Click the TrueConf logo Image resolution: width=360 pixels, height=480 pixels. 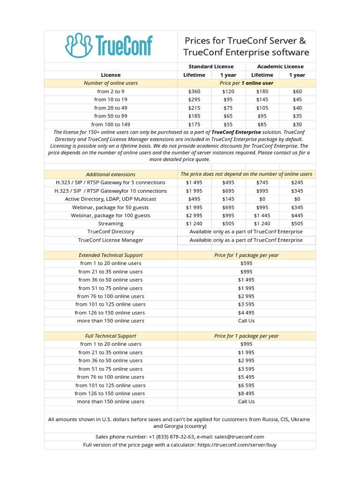click(x=108, y=45)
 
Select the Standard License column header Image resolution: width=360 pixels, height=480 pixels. click(x=211, y=67)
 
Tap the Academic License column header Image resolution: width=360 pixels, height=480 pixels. click(x=281, y=67)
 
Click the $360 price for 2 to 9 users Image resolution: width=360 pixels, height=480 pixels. click(x=194, y=91)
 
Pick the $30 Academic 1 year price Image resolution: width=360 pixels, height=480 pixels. click(x=297, y=124)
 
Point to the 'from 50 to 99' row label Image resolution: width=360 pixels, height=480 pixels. click(x=111, y=116)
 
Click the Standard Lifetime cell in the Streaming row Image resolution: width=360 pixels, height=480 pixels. click(x=194, y=224)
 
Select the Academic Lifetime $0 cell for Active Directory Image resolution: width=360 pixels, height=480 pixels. click(x=262, y=199)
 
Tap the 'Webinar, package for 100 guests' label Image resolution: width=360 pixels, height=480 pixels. click(x=111, y=215)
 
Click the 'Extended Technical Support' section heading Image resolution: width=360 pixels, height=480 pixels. click(x=111, y=255)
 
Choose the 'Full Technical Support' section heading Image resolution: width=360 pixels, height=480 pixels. click(x=111, y=336)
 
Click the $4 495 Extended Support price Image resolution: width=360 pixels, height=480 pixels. click(x=246, y=313)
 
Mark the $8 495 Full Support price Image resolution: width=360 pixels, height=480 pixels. click(x=246, y=393)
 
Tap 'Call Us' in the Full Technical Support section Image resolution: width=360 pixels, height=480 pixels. click(x=246, y=401)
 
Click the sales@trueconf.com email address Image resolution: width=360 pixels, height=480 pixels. click(x=240, y=436)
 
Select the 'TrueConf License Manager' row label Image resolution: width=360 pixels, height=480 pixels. click(x=111, y=240)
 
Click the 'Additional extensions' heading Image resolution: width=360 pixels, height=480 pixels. click(x=111, y=174)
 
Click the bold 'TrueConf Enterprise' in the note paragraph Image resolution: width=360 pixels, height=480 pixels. click(x=236, y=132)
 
